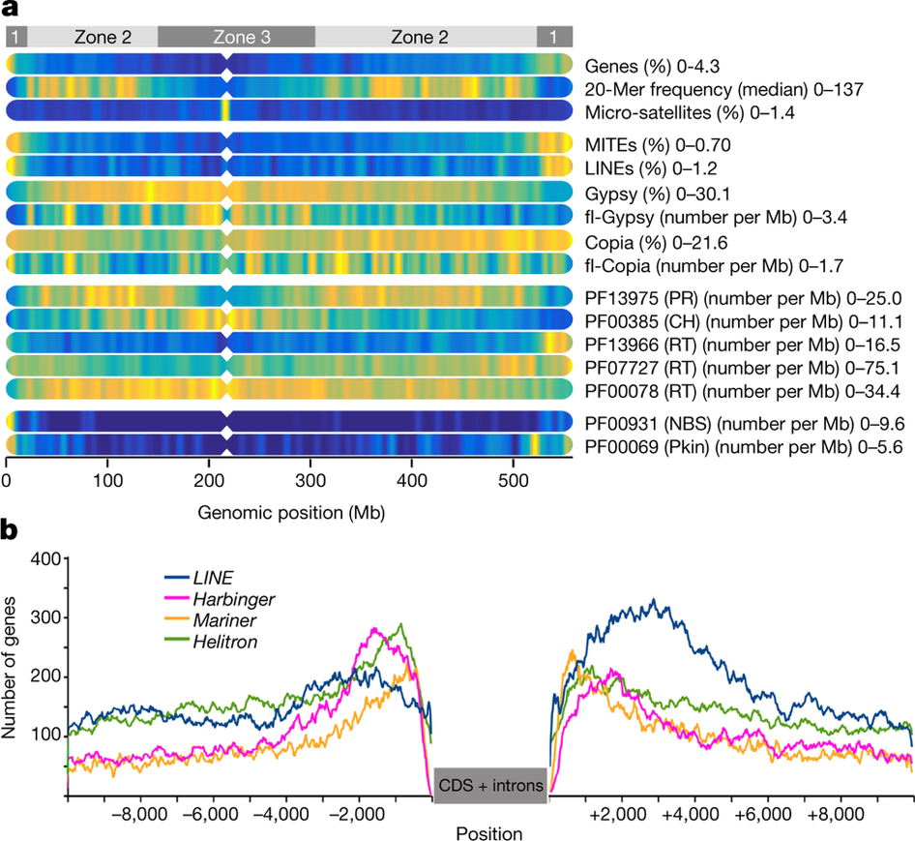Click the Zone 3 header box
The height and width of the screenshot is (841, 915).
[236, 37]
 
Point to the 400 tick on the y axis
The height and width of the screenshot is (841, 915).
[45, 558]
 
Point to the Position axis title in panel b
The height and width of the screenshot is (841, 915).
[490, 831]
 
